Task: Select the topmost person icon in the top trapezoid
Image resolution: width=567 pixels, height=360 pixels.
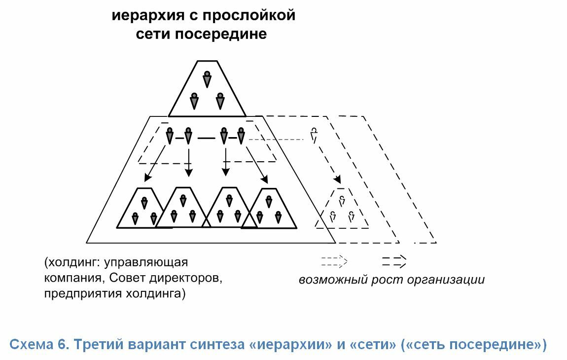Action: (x=207, y=79)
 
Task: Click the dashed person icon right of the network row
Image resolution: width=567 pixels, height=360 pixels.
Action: (x=314, y=135)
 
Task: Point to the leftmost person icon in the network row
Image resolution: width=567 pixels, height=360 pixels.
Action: (x=170, y=136)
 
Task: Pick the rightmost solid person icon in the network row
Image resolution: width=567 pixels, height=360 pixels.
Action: (x=241, y=136)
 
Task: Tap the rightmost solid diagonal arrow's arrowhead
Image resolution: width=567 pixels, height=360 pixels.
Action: (x=264, y=179)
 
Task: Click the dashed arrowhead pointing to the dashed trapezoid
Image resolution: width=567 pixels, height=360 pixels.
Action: (x=337, y=179)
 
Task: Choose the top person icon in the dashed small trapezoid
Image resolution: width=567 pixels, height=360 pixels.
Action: (x=342, y=200)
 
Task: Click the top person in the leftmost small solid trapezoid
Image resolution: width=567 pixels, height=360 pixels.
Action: (x=144, y=203)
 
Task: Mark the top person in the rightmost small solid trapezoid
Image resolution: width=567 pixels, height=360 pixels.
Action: (x=269, y=202)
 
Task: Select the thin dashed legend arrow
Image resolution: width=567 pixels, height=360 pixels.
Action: (x=334, y=261)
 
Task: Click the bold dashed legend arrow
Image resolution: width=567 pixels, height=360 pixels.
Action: (x=394, y=261)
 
